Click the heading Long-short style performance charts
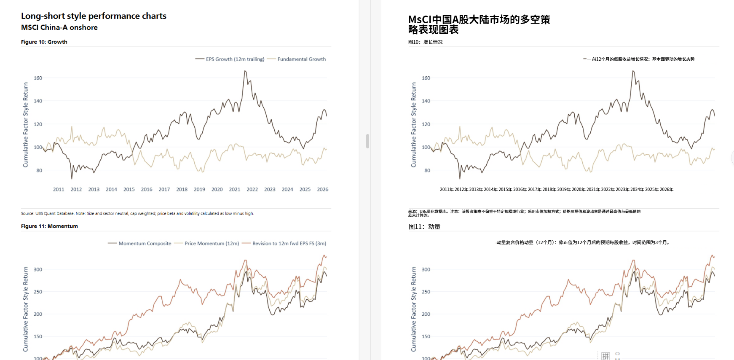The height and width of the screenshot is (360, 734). (94, 16)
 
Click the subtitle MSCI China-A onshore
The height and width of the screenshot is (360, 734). (59, 27)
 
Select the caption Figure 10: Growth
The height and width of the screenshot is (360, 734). (44, 42)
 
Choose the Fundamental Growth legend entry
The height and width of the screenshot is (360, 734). (301, 59)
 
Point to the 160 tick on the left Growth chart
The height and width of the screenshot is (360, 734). (38, 78)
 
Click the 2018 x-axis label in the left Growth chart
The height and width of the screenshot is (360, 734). (182, 189)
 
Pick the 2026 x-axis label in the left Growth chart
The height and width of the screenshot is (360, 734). (323, 189)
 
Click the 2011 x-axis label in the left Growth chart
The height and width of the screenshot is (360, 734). (59, 189)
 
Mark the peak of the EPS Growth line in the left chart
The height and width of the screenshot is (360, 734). (245, 71)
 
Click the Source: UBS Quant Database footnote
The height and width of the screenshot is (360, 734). (137, 213)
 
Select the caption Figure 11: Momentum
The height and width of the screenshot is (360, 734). (49, 226)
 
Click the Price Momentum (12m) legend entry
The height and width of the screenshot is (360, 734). (212, 243)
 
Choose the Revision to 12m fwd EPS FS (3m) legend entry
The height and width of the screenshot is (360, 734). (289, 243)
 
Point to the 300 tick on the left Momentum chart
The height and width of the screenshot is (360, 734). (38, 269)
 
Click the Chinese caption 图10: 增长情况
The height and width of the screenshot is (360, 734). (425, 42)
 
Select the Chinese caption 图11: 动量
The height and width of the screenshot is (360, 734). (424, 227)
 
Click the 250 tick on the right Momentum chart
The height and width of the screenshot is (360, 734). (426, 292)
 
